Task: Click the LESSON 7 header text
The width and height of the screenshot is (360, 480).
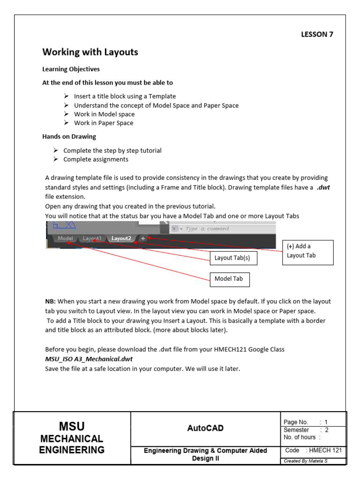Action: pyautogui.click(x=316, y=34)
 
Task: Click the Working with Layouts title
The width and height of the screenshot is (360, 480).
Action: pyautogui.click(x=90, y=52)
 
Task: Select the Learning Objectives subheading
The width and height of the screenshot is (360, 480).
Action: pyautogui.click(x=71, y=69)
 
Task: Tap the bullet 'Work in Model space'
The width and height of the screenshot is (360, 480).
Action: pyautogui.click(x=104, y=114)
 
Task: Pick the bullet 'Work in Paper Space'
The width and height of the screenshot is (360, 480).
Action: pyautogui.click(x=104, y=123)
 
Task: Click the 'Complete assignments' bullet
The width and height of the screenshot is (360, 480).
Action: pyautogui.click(x=96, y=159)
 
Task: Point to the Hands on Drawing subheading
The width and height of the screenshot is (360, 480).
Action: pyautogui.click(x=69, y=136)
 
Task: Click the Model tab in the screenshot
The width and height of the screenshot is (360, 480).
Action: pyautogui.click(x=65, y=238)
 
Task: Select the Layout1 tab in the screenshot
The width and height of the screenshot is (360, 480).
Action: pyautogui.click(x=92, y=238)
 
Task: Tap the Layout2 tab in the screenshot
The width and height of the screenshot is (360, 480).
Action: pyautogui.click(x=121, y=238)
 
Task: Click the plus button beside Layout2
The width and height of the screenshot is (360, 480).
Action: pyautogui.click(x=143, y=238)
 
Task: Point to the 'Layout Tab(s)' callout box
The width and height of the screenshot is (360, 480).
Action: pyautogui.click(x=232, y=258)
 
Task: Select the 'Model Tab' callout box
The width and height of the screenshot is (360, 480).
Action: pyautogui.click(x=229, y=279)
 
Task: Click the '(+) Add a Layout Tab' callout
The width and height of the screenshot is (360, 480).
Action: pyautogui.click(x=307, y=251)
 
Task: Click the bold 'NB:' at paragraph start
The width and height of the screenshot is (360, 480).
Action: pyautogui.click(x=50, y=301)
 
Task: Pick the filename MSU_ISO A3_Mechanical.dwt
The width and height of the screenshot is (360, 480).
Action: pyautogui.click(x=89, y=359)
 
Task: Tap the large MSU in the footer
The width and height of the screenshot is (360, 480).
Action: pyautogui.click(x=72, y=426)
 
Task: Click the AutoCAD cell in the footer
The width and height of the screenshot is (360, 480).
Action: pyautogui.click(x=205, y=428)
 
